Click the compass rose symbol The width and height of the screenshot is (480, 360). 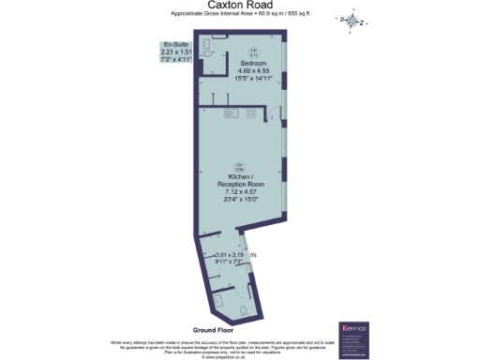point(352,20)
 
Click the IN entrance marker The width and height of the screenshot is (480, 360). point(252,255)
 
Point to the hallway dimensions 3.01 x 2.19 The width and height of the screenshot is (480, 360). point(229,255)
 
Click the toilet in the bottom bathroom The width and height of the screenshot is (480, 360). point(243,309)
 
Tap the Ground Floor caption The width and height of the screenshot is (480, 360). point(213,331)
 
